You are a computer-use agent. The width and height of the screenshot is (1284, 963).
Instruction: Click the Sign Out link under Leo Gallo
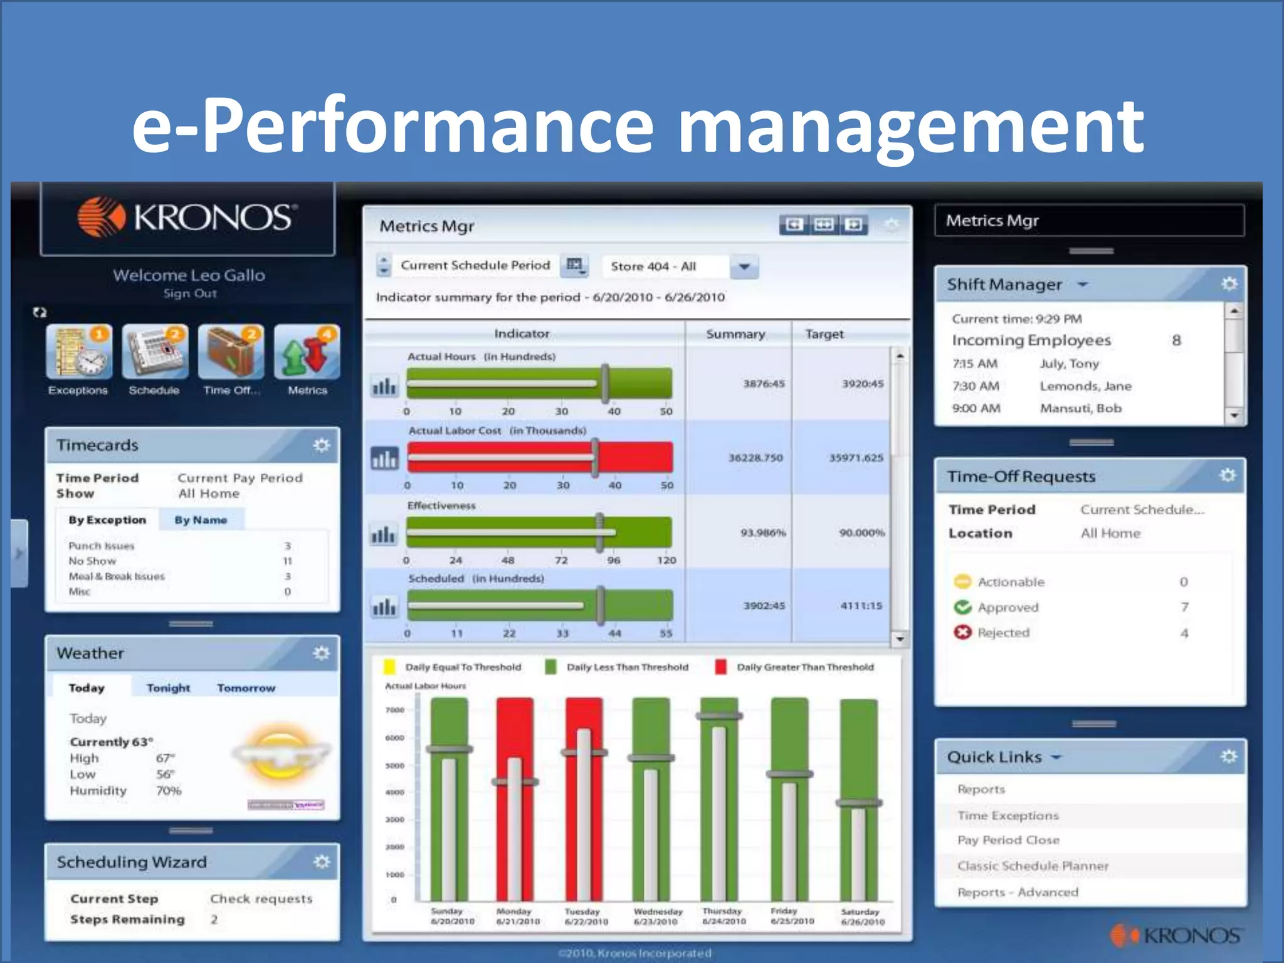190,293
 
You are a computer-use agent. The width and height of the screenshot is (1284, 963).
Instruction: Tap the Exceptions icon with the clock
79,352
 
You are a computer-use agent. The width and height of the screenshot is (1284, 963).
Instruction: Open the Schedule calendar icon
155,352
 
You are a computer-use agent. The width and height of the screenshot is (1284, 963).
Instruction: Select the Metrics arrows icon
307,352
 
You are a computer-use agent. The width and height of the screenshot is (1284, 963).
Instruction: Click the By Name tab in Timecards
201,520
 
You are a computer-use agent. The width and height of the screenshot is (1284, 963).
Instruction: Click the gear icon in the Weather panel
322,653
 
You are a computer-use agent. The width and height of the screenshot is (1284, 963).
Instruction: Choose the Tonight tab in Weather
168,688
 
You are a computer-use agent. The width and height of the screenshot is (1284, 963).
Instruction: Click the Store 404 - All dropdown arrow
744,266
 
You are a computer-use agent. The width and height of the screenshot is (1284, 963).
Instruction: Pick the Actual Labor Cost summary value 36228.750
755,458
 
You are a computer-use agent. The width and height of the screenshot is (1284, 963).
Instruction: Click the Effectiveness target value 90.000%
862,532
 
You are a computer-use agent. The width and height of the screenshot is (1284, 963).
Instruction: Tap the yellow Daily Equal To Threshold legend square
389,667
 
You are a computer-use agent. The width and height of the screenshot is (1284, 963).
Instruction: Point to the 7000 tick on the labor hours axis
395,710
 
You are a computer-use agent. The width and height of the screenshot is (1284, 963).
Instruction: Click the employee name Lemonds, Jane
1085,386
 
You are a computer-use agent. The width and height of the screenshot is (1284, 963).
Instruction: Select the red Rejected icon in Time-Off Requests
962,632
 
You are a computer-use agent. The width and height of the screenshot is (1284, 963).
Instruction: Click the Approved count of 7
1184,607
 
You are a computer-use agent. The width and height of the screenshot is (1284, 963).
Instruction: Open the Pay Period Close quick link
1008,840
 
